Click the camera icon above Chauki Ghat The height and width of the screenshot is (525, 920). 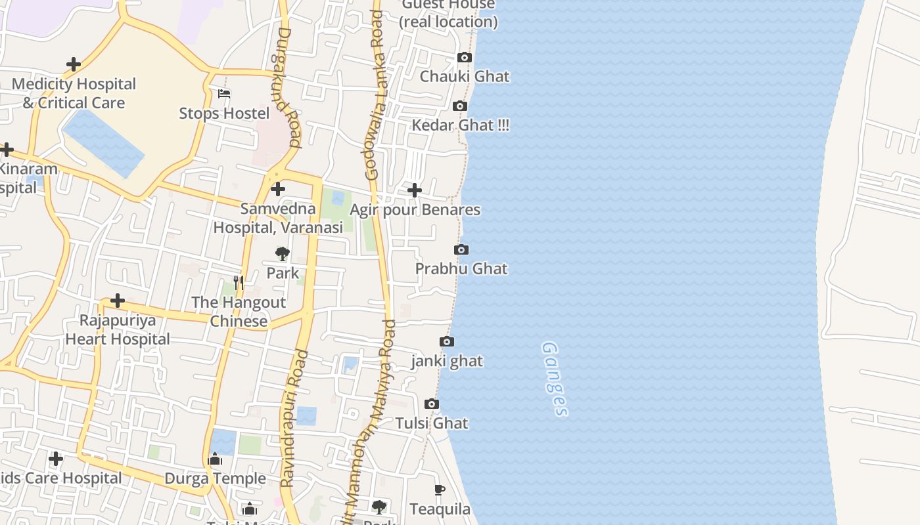(x=465, y=58)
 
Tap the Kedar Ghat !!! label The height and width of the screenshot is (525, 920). (x=460, y=125)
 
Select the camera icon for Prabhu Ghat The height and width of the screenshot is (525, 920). (x=461, y=250)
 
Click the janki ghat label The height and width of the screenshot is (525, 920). (x=447, y=361)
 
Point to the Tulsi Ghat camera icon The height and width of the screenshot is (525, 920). (x=432, y=404)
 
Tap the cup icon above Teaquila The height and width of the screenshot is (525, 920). (x=440, y=490)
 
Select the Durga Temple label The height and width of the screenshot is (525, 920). (x=216, y=478)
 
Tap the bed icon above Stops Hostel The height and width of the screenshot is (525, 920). (x=224, y=94)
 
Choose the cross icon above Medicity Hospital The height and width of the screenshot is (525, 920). (x=74, y=64)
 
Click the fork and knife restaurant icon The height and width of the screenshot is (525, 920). (x=239, y=283)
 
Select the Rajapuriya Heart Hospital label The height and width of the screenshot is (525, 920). (x=118, y=329)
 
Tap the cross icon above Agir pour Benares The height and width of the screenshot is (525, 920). (x=415, y=190)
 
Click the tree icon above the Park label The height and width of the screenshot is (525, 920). (x=283, y=254)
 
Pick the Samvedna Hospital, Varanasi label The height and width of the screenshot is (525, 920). (x=278, y=219)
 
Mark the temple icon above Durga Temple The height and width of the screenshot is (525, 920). (x=215, y=459)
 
